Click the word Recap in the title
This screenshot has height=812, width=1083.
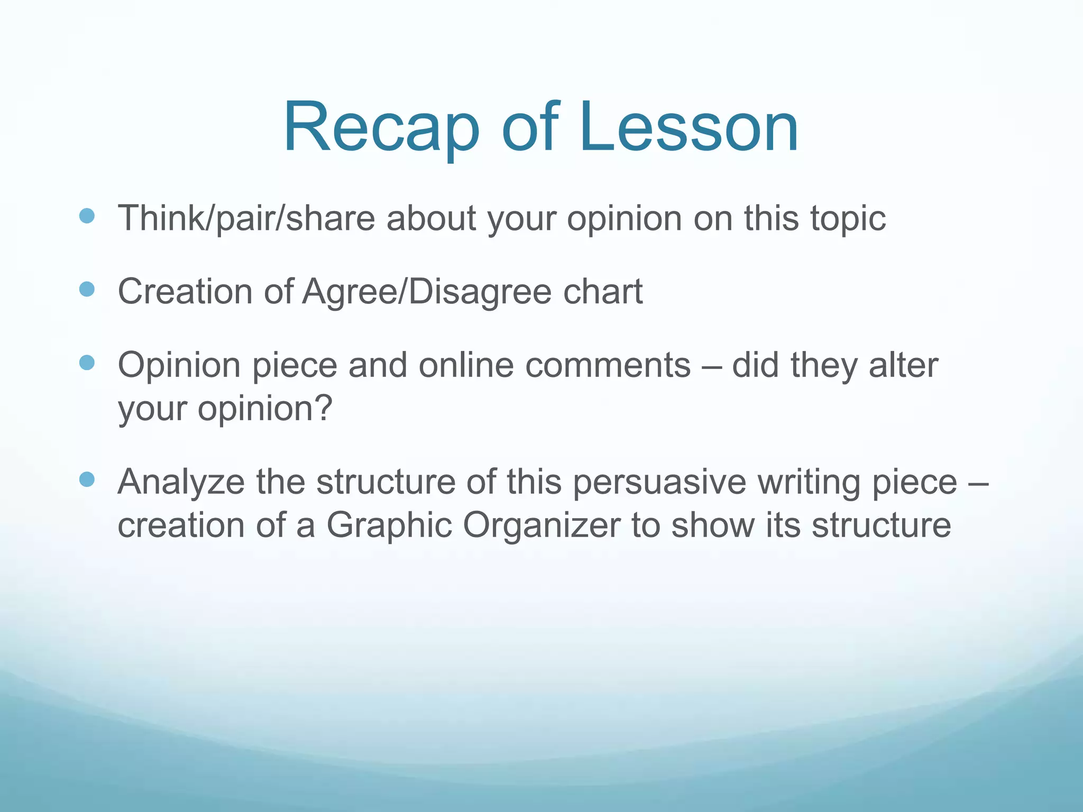click(x=381, y=128)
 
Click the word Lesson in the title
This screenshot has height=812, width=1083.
click(x=688, y=128)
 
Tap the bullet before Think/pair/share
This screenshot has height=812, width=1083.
click(x=87, y=216)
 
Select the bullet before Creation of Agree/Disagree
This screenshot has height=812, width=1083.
click(x=87, y=289)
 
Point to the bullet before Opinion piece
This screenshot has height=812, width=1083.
click(x=87, y=363)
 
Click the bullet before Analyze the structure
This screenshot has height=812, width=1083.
click(x=87, y=479)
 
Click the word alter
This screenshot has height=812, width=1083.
click(x=903, y=365)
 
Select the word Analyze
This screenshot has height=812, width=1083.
click(x=181, y=483)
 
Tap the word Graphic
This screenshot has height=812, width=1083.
click(x=389, y=526)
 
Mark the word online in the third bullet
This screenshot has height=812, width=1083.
click(x=466, y=365)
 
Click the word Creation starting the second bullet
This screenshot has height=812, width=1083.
click(x=185, y=292)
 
